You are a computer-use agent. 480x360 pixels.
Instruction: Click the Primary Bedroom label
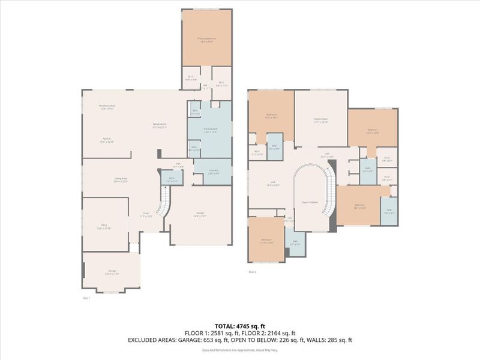[207, 38]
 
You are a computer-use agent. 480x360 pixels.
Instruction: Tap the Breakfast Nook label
[108, 106]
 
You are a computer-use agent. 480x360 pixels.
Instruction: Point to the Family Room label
[159, 125]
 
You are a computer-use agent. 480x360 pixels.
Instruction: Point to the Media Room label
[321, 119]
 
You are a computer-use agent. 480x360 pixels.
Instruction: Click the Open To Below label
[309, 203]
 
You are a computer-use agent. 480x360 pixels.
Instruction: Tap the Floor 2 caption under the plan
[253, 272]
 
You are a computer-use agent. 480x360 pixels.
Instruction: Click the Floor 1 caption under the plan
[86, 298]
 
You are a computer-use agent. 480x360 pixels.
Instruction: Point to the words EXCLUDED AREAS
[151, 340]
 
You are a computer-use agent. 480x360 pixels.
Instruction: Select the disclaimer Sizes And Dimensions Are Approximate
[240, 349]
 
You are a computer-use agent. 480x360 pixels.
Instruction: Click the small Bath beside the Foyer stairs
[172, 179]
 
